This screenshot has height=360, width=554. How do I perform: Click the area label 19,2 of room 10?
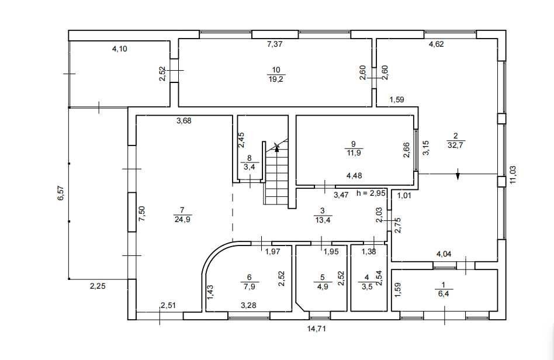tap(276, 79)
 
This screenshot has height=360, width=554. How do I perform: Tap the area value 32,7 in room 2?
tap(455, 144)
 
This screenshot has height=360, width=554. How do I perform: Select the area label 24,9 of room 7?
tap(183, 219)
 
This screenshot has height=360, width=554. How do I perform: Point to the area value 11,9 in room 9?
tap(354, 153)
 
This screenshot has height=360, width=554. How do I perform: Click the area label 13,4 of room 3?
tap(322, 220)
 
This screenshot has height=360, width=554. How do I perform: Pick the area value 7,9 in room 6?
tap(250, 286)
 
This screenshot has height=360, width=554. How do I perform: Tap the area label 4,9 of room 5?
tap(322, 286)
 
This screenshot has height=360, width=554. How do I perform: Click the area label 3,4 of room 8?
tap(250, 167)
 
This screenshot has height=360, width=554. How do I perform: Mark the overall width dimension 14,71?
tap(316, 329)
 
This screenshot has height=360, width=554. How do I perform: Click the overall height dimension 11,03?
tap(513, 174)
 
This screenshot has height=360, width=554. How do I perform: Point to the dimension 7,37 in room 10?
tap(275, 44)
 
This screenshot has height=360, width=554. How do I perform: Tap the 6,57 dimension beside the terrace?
tap(61, 193)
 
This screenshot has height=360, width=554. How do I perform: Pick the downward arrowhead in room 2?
tap(458, 175)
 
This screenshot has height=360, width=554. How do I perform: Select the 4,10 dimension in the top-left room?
tap(119, 49)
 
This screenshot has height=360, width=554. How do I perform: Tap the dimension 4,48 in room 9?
tap(354, 175)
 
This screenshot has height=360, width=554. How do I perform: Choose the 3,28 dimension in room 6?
tap(248, 305)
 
